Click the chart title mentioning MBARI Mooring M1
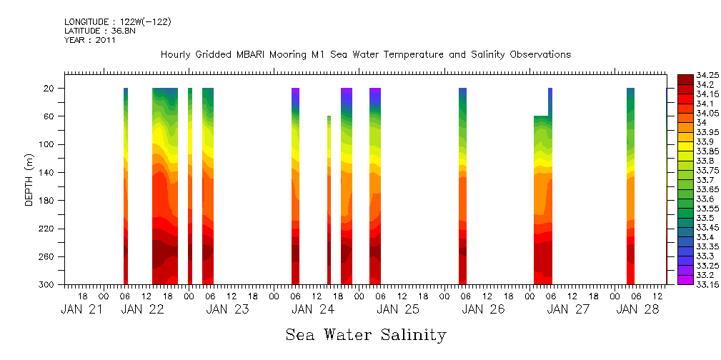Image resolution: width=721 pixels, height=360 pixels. coord(366,54)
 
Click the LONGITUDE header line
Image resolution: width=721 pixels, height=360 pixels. coord(117,22)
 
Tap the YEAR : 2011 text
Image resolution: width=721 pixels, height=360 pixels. coord(90,40)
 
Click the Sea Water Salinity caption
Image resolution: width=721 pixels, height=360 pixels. coord(366,334)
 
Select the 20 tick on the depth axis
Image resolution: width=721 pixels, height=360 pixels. coord(49,88)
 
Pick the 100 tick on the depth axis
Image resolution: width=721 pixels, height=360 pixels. coord(47,144)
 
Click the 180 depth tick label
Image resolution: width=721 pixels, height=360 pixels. coord(47,201)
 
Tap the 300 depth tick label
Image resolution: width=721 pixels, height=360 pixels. coord(47,285)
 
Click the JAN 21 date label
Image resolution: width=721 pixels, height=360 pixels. coord(82,309)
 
